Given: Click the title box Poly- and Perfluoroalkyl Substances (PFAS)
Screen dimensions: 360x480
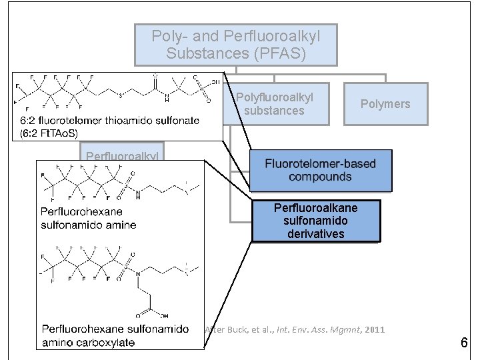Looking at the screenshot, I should click(x=235, y=45).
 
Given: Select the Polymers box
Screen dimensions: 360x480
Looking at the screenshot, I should click(x=385, y=103).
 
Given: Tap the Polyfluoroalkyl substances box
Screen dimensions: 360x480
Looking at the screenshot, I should click(x=274, y=104).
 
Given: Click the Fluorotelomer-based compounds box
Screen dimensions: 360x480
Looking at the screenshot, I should click(x=320, y=170).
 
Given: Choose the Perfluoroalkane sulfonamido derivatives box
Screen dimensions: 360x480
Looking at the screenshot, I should click(x=315, y=221).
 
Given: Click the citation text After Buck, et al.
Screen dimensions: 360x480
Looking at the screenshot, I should click(x=294, y=329).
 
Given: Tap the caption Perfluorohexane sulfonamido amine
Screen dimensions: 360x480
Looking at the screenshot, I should click(x=88, y=219).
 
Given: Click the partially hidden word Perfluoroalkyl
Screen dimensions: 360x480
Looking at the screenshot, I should click(x=121, y=157).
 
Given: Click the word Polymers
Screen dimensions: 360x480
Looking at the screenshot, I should click(x=385, y=103).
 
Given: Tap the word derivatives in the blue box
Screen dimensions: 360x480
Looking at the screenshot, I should click(x=315, y=233).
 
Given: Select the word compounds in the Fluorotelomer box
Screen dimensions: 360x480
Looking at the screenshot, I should click(x=320, y=177).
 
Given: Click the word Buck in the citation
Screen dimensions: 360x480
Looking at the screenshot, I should click(x=236, y=329).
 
